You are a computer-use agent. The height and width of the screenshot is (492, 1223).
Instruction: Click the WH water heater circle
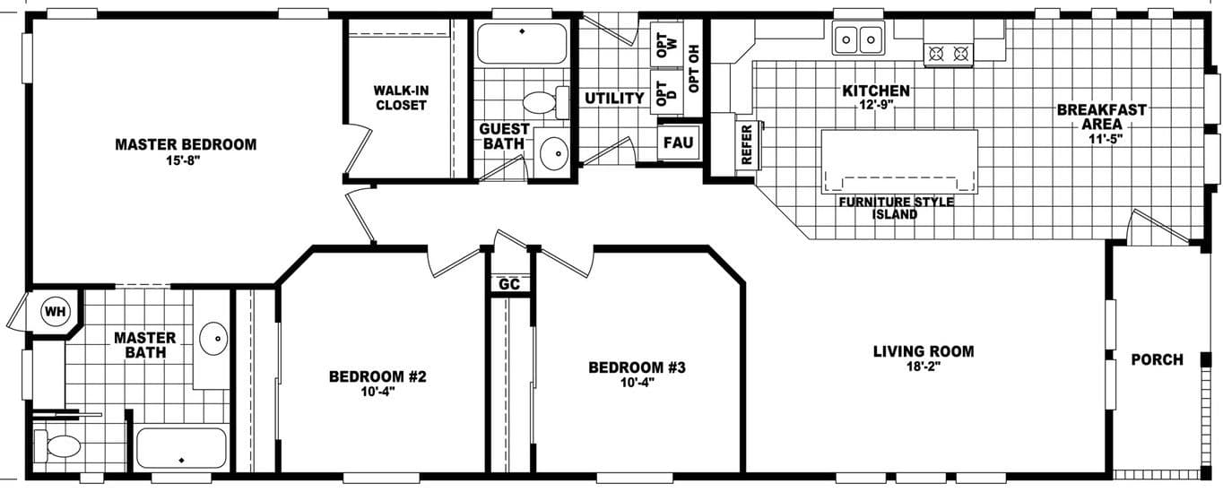56,312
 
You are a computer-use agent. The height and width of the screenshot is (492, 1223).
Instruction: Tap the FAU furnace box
679,143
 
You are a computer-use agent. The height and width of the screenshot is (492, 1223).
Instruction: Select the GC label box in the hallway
509,284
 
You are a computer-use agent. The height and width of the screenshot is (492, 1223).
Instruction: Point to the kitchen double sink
857,39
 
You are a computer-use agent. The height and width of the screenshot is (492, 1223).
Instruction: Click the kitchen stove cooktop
949,54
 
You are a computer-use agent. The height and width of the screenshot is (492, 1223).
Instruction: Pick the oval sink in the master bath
213,339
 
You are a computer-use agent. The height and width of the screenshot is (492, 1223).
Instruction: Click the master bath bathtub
181,449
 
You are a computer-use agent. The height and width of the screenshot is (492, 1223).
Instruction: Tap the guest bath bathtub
522,41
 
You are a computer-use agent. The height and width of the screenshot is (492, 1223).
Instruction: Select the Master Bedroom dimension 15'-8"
186,160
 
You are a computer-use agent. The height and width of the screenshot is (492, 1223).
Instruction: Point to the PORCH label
1156,359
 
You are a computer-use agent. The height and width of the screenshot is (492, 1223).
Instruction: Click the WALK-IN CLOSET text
401,98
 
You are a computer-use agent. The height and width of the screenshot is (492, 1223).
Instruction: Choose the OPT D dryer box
664,94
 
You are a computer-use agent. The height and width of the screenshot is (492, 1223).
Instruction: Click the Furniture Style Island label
896,208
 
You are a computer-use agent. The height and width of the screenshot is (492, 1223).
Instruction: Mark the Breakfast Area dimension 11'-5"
1102,139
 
